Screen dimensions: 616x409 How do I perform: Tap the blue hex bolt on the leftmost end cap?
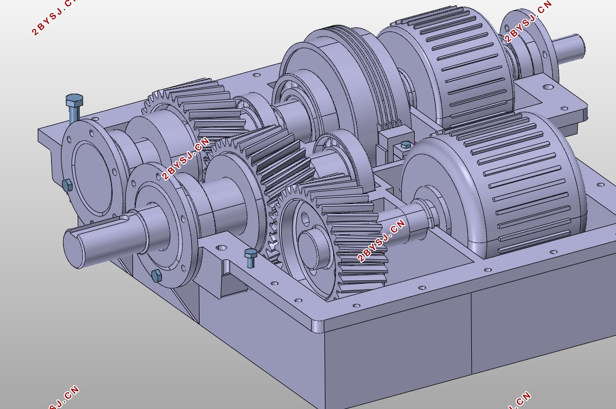point(67,185)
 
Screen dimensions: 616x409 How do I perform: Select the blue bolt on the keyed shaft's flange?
point(156,275)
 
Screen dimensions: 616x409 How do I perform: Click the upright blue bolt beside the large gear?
point(251,257)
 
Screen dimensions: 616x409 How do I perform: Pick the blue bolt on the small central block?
point(405,145)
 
